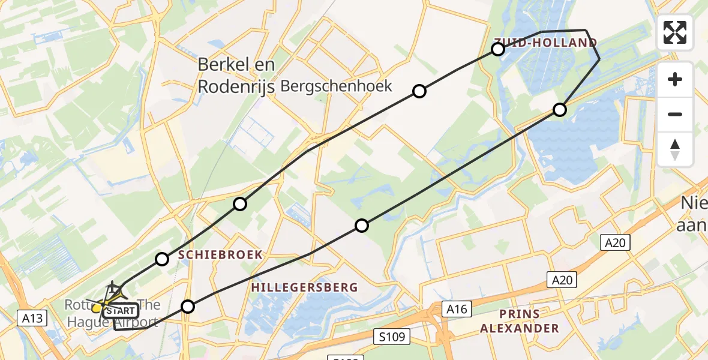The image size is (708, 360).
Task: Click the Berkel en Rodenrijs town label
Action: point(236,75)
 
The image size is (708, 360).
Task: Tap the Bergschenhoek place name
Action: point(336,86)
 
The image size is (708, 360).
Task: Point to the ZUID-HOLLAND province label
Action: point(545,43)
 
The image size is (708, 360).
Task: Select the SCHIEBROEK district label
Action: point(220,255)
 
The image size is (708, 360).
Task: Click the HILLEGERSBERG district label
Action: point(304,287)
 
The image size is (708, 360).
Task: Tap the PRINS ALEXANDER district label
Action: point(521,321)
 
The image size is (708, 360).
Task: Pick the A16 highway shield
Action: point(457,309)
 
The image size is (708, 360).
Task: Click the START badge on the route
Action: point(121,311)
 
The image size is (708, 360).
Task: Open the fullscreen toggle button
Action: point(675,32)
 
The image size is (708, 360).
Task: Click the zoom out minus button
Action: point(675,114)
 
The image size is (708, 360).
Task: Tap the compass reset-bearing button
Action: point(675,149)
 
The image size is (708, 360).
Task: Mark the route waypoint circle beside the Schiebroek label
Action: point(162,259)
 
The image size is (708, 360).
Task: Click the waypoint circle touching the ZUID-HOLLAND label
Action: point(498,49)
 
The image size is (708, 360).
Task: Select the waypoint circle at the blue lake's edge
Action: point(560,109)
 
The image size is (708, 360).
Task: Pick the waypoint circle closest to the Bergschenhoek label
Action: point(419,91)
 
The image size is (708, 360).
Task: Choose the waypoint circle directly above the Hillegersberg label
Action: point(362,226)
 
